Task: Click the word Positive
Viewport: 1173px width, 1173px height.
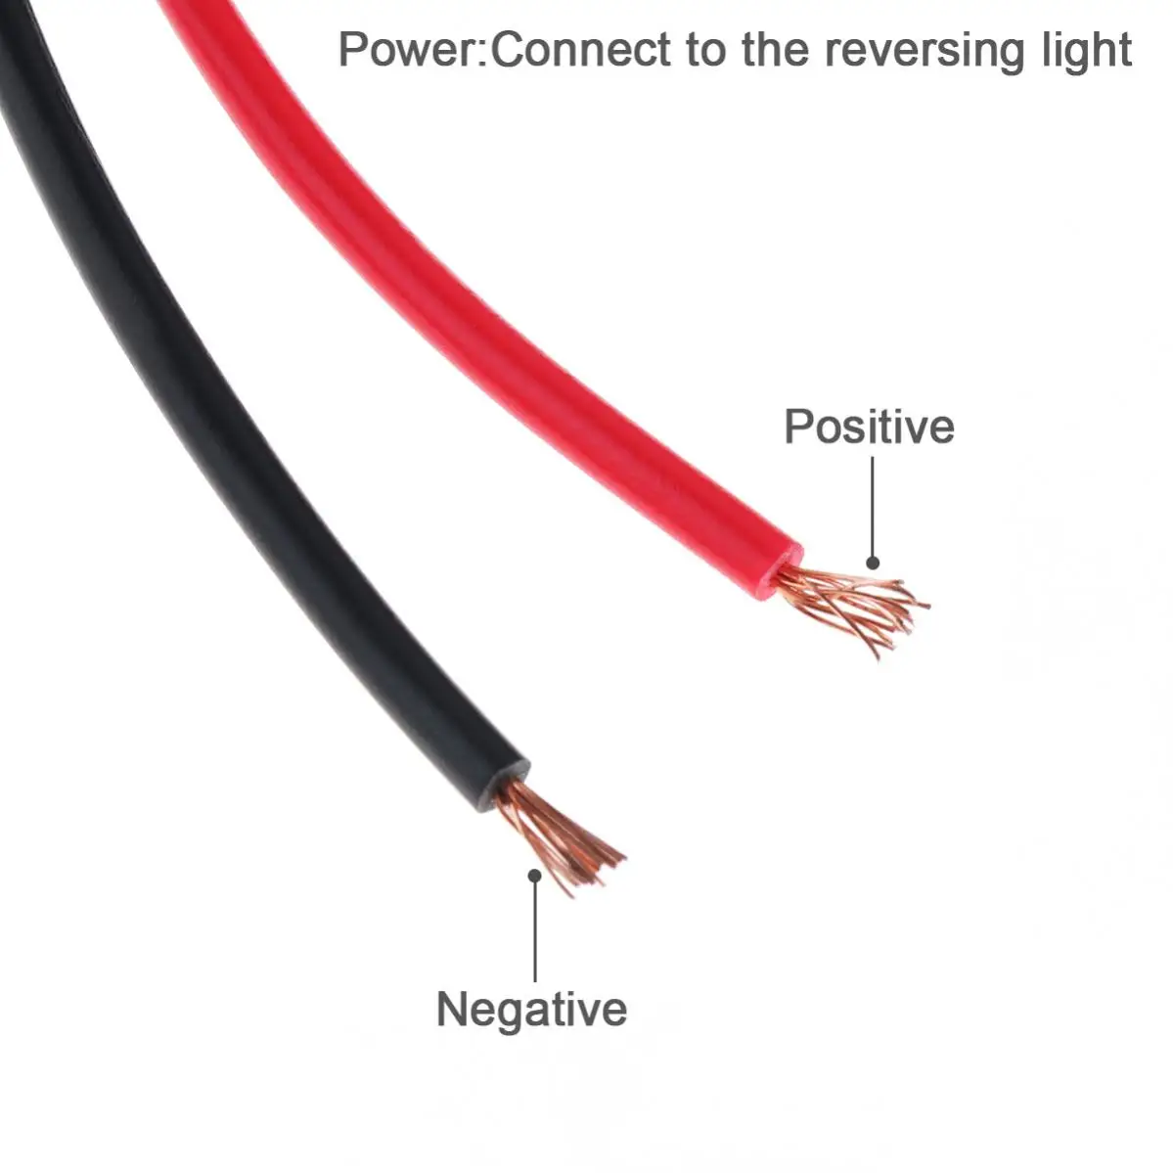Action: point(869,428)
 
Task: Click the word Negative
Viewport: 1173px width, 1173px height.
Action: point(531,1010)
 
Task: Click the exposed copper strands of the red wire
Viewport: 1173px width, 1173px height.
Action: point(856,607)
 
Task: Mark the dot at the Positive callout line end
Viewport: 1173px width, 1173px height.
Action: point(873,563)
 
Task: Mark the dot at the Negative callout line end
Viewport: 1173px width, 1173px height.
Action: point(534,875)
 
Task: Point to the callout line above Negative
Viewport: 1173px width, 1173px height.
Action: point(535,929)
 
